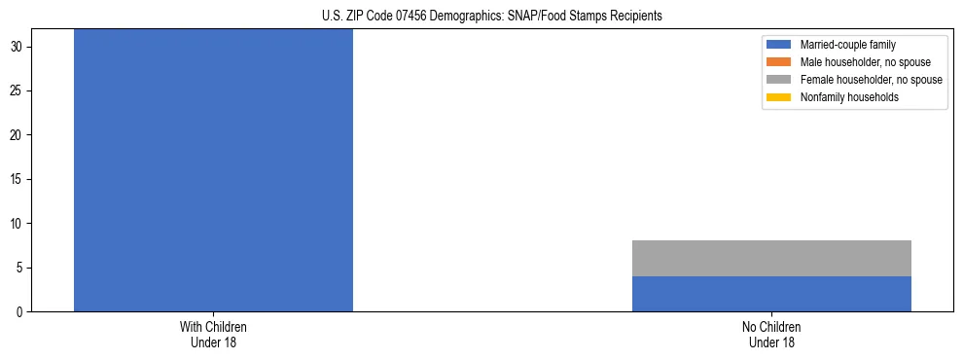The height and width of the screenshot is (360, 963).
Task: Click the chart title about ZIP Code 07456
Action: click(491, 16)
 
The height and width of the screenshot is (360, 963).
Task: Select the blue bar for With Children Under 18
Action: click(213, 170)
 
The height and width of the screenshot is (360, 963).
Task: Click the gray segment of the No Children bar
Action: click(771, 259)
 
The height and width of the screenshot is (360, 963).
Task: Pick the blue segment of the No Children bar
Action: click(771, 294)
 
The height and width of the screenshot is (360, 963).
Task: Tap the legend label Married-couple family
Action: click(847, 45)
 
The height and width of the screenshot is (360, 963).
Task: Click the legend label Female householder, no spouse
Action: click(871, 80)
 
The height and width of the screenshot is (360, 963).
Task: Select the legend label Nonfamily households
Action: click(849, 97)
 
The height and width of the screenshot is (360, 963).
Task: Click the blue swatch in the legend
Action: click(779, 45)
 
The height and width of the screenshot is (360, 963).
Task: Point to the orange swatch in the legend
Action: click(779, 62)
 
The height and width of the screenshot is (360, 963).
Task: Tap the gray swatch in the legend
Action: click(779, 80)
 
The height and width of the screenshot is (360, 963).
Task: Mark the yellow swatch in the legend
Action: click(779, 97)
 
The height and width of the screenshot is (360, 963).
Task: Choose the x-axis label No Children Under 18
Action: click(771, 335)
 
